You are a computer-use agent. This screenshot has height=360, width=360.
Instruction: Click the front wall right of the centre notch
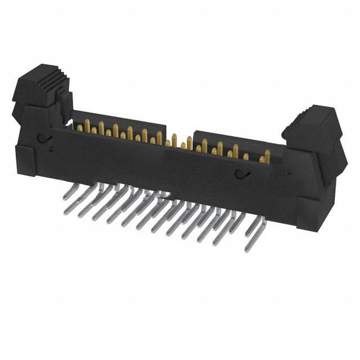click(x=225, y=180)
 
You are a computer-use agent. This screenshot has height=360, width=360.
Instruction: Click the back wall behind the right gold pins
click(x=236, y=138)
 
